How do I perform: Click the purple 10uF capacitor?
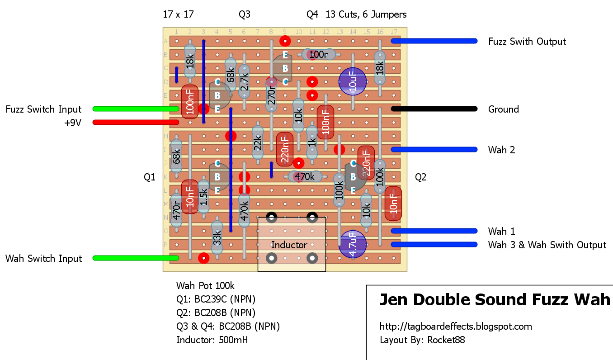click(352, 81)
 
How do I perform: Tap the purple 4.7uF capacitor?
click(352, 244)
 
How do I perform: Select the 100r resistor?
click(319, 54)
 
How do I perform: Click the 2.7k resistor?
click(244, 82)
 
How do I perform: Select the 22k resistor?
click(258, 143)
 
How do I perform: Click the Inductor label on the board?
click(289, 245)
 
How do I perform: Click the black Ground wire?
click(434, 109)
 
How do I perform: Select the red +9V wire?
click(136, 122)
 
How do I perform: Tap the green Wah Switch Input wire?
click(136, 258)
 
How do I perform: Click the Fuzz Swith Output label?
click(527, 41)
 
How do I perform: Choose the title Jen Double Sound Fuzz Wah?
click(494, 300)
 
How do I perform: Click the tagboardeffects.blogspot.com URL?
click(456, 326)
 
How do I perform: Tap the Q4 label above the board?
click(312, 14)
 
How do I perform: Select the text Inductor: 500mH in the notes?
click(212, 340)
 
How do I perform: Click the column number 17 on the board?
click(393, 32)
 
